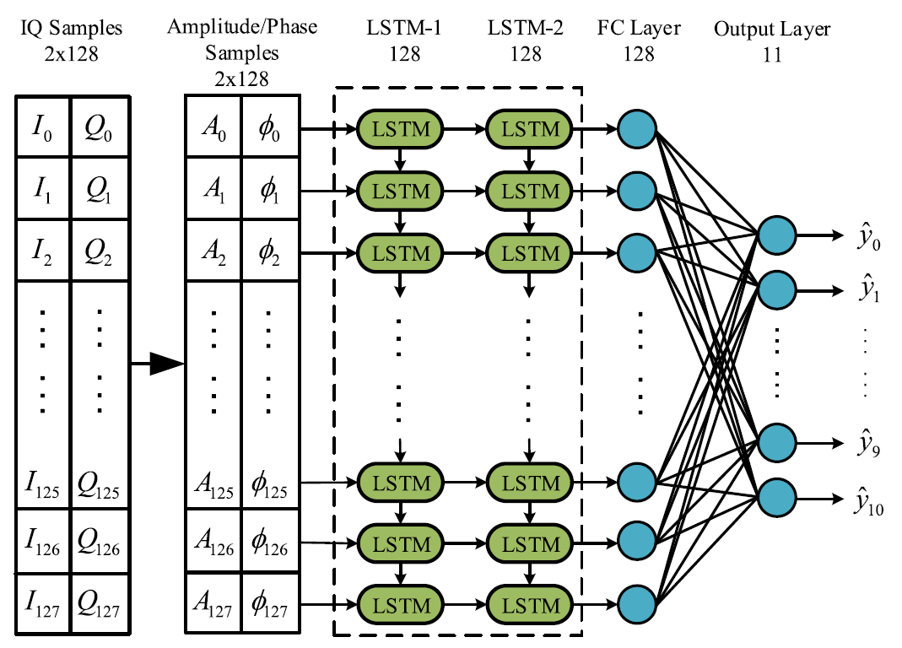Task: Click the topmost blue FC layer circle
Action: point(638,129)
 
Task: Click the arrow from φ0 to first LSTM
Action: point(330,129)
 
